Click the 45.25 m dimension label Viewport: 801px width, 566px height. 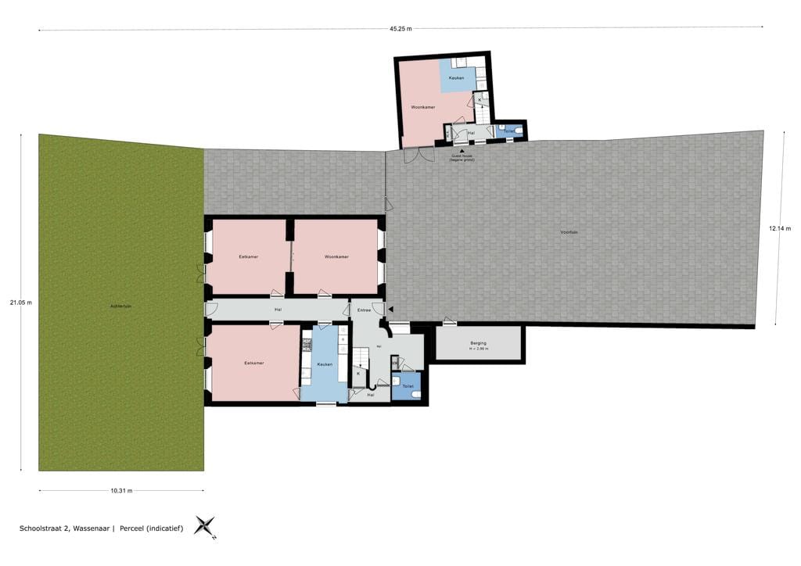(400, 30)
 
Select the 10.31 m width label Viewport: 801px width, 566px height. (121, 490)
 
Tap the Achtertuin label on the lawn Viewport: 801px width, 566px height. (120, 306)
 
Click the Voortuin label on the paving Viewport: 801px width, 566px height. (569, 232)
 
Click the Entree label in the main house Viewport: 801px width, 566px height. (364, 310)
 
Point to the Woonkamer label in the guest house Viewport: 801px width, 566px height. (422, 107)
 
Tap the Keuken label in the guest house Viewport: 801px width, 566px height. (456, 78)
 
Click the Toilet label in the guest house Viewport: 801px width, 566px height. (510, 131)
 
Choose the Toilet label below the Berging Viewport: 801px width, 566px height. (407, 386)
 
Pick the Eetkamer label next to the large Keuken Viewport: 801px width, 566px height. (253, 363)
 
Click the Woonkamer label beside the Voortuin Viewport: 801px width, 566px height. (336, 256)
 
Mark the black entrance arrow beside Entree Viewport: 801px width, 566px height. (390, 310)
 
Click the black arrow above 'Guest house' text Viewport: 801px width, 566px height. (462, 151)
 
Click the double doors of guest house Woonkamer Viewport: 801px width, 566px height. (418, 154)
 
